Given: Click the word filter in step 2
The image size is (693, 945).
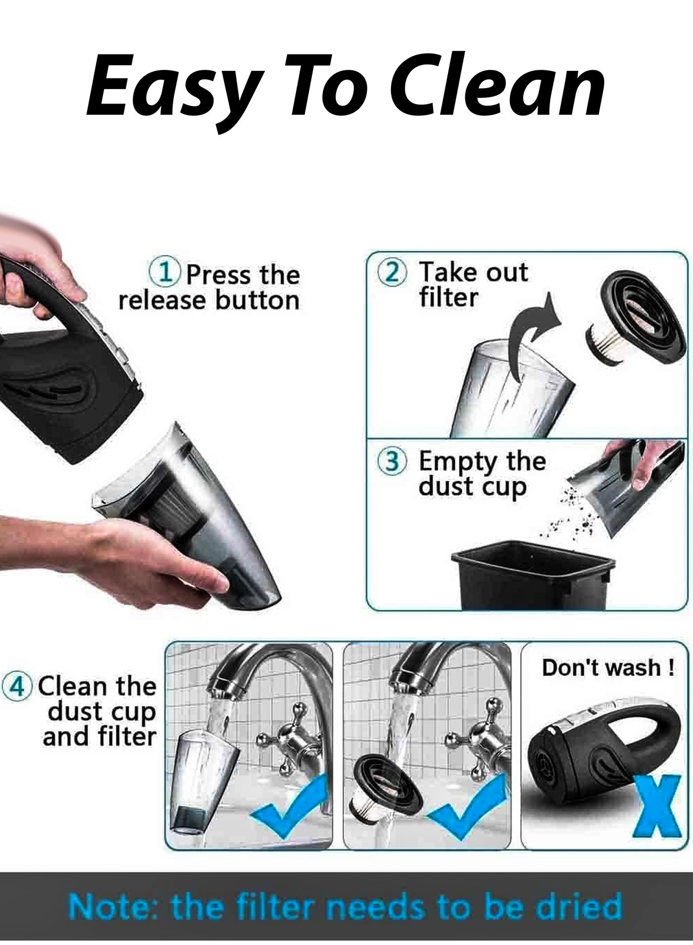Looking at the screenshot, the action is tap(448, 298).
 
